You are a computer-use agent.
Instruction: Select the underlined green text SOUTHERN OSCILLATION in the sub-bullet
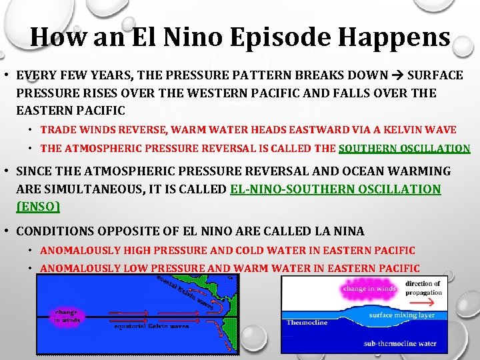pos(404,149)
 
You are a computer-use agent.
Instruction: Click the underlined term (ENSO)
pos(38,207)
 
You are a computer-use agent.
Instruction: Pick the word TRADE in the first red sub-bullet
pos(58,130)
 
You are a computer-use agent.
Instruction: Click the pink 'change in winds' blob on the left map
pos(67,315)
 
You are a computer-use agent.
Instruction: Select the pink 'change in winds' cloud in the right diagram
pos(369,289)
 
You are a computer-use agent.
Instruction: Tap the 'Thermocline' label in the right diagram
pos(307,323)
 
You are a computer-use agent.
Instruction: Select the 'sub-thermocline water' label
pos(399,344)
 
